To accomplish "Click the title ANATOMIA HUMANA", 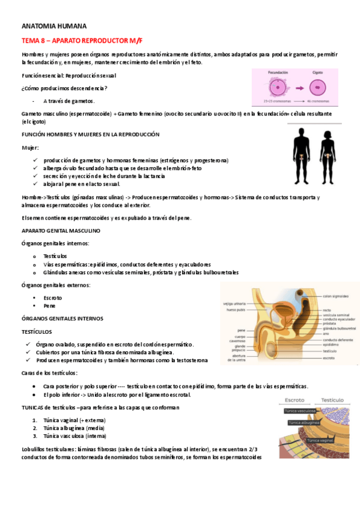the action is coord(54,26).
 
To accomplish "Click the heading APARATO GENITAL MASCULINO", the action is coord(61,230).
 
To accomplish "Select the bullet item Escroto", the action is coord(53,298).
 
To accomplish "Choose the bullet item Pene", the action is coord(49,306).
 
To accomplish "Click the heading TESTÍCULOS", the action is coord(37,331).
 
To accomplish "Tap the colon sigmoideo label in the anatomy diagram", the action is coord(336,296).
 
